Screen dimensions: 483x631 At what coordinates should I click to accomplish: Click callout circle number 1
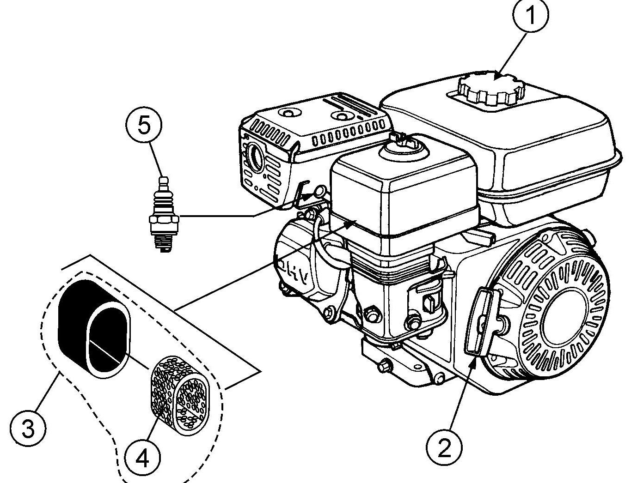tap(531, 16)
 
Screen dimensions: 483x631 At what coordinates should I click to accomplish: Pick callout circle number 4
tap(141, 458)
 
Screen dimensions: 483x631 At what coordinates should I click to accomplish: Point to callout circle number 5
tap(144, 126)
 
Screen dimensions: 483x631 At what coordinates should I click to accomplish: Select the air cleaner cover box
tap(402, 194)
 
